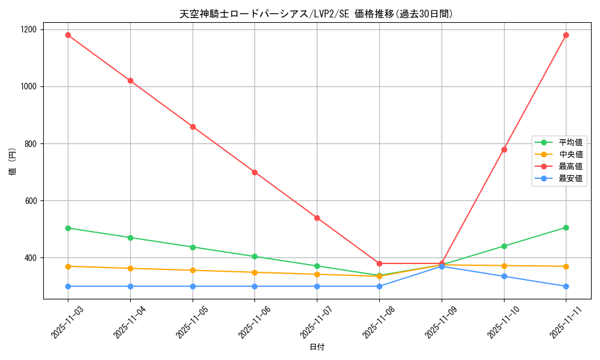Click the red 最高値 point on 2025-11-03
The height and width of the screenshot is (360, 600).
[68, 35]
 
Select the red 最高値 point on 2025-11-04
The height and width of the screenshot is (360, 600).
[130, 80]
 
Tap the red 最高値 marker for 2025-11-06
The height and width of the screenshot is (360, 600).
[254, 172]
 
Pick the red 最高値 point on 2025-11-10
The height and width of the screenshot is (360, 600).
[504, 149]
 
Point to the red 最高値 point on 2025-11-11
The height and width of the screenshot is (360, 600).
[566, 35]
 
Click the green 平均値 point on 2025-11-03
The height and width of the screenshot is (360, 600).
[68, 228]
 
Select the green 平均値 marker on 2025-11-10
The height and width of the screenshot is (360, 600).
[504, 246]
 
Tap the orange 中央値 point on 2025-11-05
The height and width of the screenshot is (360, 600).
[193, 270]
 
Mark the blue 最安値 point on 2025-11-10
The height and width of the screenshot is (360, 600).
[504, 276]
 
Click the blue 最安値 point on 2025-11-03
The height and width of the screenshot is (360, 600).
[68, 286]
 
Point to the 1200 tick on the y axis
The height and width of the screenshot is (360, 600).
[28, 29]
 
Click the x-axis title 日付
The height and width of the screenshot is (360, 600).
[317, 347]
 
